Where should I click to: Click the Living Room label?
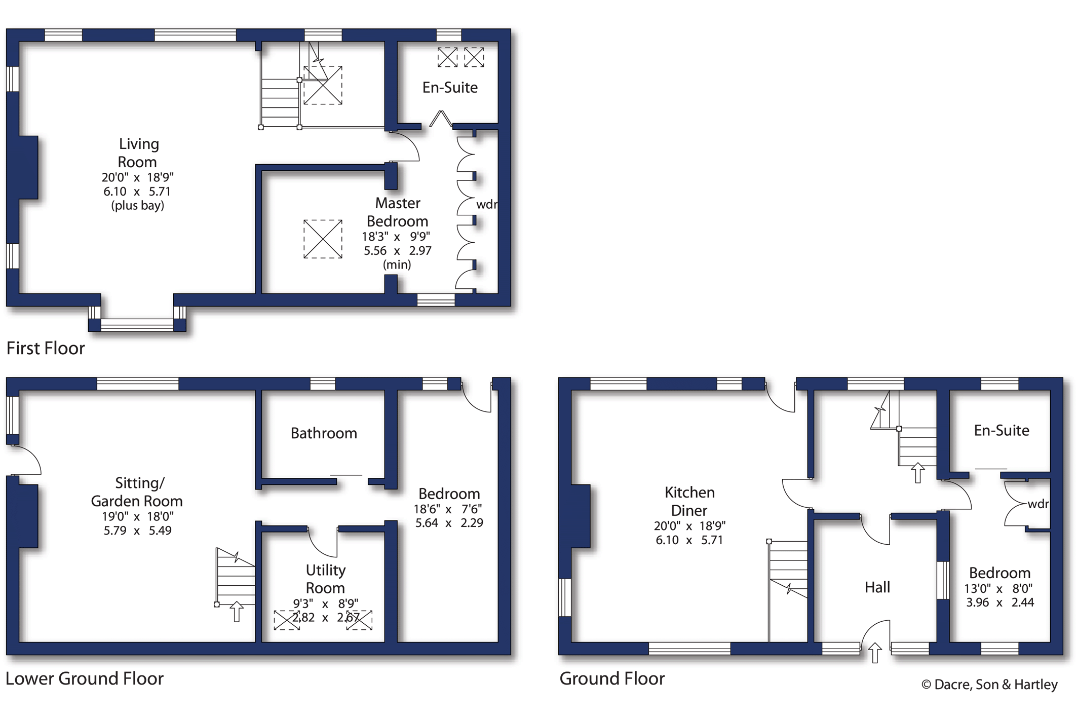pyautogui.click(x=138, y=153)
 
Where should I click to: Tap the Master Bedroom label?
pyautogui.click(x=398, y=212)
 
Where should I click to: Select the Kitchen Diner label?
pyautogui.click(x=689, y=501)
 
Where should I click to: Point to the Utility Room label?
pyautogui.click(x=325, y=579)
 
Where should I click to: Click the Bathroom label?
pyautogui.click(x=324, y=433)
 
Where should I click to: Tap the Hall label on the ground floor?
pyautogui.click(x=877, y=587)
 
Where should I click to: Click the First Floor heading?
pyautogui.click(x=46, y=348)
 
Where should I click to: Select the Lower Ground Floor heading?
pyautogui.click(x=85, y=678)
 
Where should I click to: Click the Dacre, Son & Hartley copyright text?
pyautogui.click(x=989, y=685)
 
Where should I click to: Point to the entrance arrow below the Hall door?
pyautogui.click(x=875, y=653)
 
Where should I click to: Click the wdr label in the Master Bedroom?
pyautogui.click(x=486, y=204)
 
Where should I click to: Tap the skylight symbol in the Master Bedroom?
pyautogui.click(x=323, y=239)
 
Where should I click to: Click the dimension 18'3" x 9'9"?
pyautogui.click(x=396, y=237)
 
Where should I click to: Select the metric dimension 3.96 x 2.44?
pyautogui.click(x=999, y=602)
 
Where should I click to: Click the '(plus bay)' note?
pyautogui.click(x=138, y=206)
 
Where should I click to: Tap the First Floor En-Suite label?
pyautogui.click(x=450, y=88)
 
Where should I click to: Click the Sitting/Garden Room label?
pyautogui.click(x=137, y=492)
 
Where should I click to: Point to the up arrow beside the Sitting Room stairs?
pyautogui.click(x=237, y=611)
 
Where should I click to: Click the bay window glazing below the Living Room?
pyautogui.click(x=137, y=325)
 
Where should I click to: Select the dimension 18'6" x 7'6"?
pyautogui.click(x=448, y=509)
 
